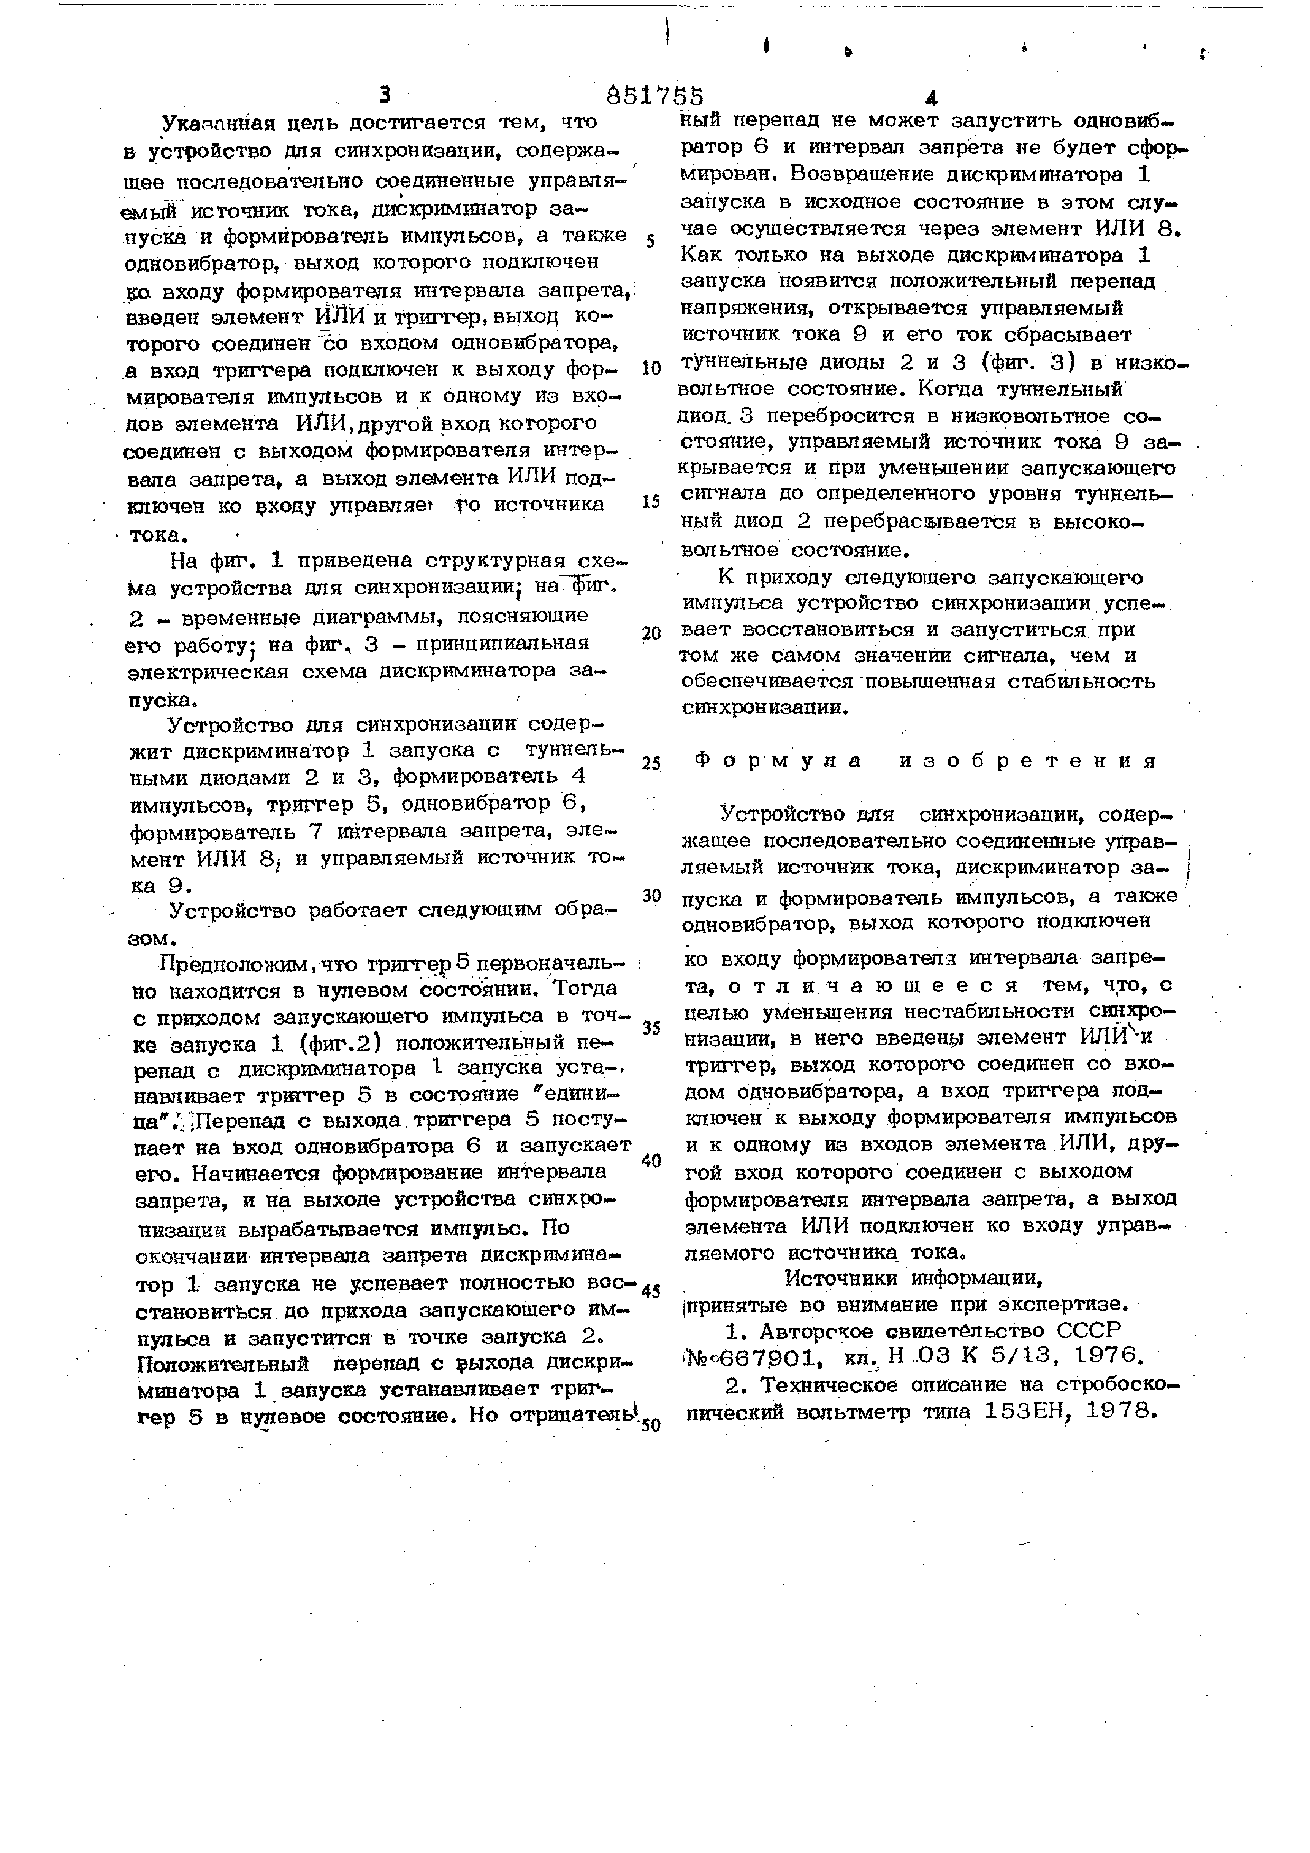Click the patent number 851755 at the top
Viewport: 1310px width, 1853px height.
(x=654, y=96)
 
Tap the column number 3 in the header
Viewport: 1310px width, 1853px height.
(x=385, y=96)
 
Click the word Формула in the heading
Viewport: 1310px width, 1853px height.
(x=779, y=760)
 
